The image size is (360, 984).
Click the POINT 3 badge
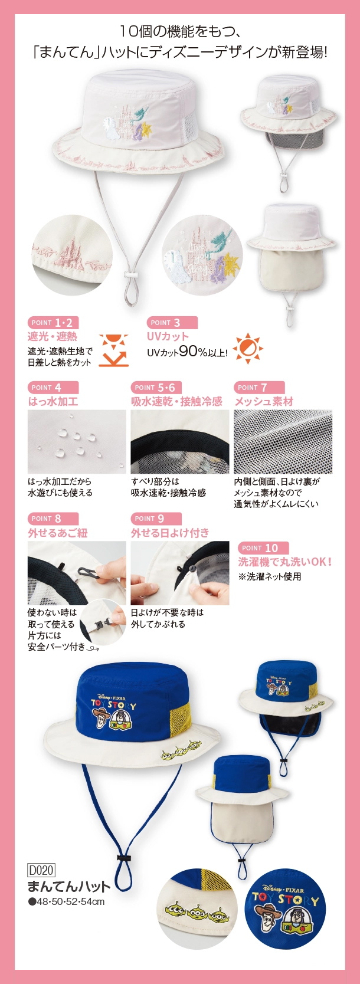click(172, 323)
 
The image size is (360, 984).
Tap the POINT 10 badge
click(263, 548)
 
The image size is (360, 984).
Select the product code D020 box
click(41, 870)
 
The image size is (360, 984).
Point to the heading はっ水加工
click(53, 401)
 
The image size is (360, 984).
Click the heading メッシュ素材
click(264, 401)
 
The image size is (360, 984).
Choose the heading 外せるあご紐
click(58, 533)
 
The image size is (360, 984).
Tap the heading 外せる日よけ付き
click(170, 533)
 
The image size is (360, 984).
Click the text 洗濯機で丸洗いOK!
click(285, 562)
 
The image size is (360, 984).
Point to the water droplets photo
click(77, 441)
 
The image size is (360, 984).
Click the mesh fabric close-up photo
click(283, 441)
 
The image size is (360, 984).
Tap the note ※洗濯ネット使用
click(270, 576)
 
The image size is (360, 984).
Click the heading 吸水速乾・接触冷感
click(176, 401)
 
